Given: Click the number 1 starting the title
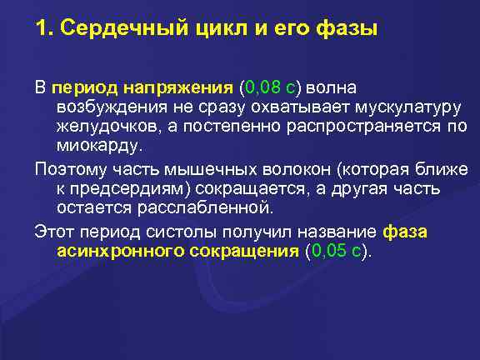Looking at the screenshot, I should [x=40, y=29].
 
